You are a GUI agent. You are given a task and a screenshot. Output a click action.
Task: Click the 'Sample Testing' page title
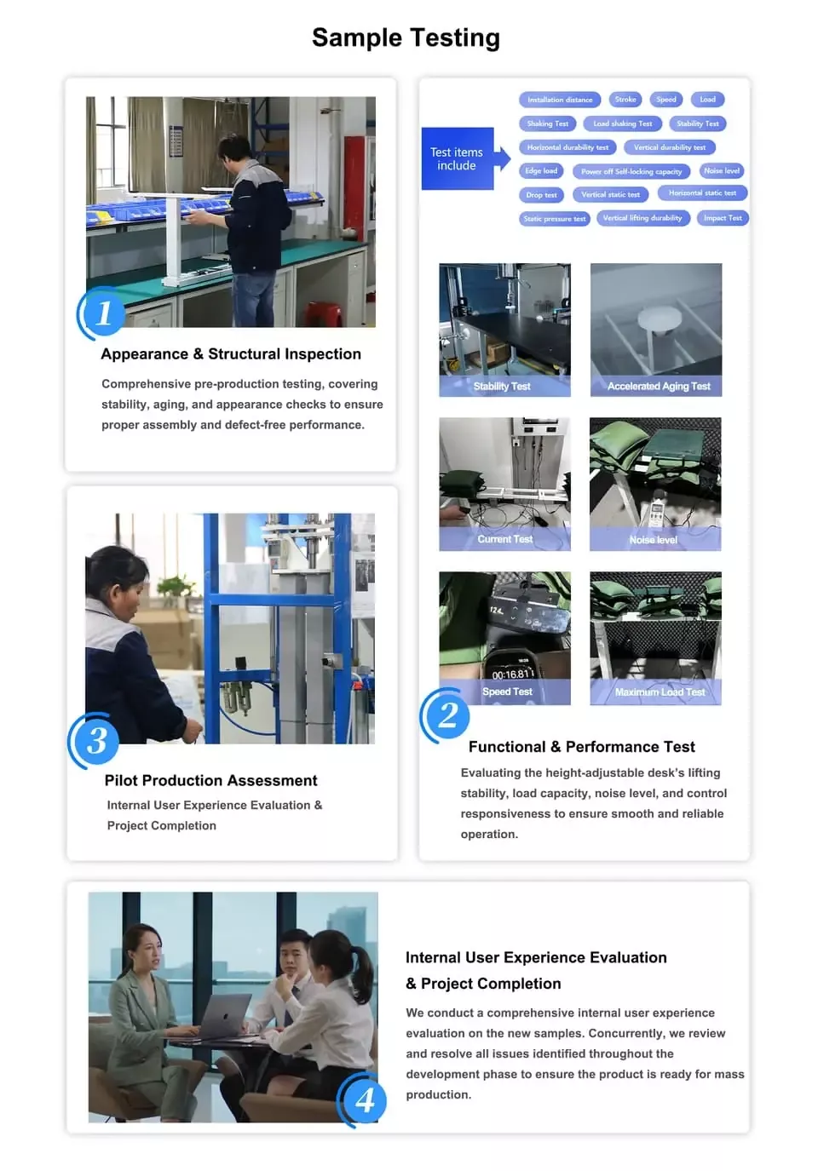(406, 37)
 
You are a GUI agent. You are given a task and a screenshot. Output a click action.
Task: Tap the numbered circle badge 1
(103, 313)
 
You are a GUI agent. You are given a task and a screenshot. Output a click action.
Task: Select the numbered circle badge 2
(447, 715)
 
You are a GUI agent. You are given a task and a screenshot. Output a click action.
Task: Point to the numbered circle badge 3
(96, 740)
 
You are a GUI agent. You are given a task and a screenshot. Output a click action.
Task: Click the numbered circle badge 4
(364, 1100)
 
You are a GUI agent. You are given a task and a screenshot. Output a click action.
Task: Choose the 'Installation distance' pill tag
(559, 100)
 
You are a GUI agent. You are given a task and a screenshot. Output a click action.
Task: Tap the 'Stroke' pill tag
(625, 100)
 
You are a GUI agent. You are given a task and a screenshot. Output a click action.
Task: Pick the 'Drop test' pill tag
(541, 195)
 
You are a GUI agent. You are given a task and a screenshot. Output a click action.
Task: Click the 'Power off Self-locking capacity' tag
(631, 171)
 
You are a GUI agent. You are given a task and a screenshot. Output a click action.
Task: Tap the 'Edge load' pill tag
(541, 171)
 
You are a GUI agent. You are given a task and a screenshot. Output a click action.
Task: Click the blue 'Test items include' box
(458, 158)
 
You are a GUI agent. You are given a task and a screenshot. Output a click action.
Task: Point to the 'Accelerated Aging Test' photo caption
(659, 387)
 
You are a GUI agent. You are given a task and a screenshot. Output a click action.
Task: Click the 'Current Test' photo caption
(504, 539)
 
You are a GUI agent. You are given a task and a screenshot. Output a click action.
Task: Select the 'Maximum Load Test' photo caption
(660, 692)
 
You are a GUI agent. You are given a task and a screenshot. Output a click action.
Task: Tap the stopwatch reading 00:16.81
(510, 674)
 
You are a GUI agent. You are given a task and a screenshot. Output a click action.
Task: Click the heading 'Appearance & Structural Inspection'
(231, 354)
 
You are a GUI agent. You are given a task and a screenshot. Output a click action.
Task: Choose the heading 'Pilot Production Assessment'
(210, 781)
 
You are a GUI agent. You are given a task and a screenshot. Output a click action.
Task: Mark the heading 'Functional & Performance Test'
(581, 747)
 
